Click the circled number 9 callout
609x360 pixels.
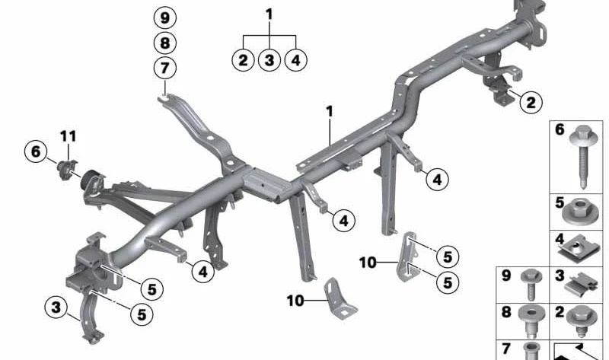pos(164,18)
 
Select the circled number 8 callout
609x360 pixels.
pos(164,43)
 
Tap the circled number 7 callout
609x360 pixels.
pos(164,68)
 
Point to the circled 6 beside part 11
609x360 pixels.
pos(35,151)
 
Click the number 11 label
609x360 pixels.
pos(68,136)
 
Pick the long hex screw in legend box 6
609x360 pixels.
pos(582,157)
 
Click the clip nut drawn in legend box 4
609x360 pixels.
pos(577,247)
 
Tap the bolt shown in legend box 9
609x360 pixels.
pos(531,284)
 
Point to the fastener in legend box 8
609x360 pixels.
pos(531,321)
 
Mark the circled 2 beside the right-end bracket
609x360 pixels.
pos(531,102)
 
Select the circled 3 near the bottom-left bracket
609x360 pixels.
pos(56,307)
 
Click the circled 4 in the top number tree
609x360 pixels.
pos(296,60)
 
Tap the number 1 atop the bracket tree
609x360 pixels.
pos(269,14)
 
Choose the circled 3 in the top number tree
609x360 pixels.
pos(269,60)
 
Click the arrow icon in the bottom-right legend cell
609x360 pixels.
pos(577,352)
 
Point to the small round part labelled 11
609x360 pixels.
pos(66,169)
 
